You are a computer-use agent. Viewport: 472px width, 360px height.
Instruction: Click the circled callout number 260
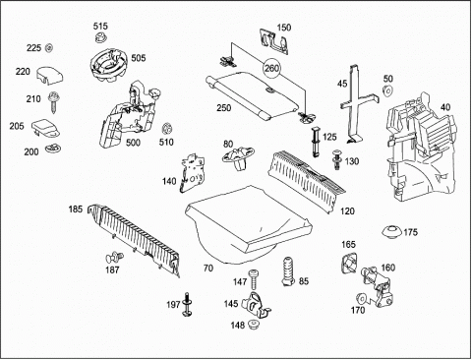272,68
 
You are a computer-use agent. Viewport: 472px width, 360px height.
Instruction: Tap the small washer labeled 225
49,48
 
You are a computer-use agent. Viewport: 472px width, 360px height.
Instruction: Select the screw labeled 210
53,102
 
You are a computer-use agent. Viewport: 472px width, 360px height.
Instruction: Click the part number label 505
139,58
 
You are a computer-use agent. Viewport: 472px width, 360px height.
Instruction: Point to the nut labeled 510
167,128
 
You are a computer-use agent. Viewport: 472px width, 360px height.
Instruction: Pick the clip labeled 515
101,37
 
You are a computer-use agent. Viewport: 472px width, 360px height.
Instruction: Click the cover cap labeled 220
49,75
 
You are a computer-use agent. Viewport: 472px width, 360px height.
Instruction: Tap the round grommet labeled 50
387,90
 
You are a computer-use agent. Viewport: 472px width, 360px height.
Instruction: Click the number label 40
445,107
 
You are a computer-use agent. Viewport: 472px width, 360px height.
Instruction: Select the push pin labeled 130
337,159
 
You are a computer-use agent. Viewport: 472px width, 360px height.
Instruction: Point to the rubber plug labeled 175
391,232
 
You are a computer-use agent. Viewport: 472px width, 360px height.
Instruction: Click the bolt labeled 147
254,279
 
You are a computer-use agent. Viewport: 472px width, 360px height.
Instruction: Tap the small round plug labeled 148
253,325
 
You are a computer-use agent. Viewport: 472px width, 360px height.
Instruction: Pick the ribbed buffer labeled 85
288,271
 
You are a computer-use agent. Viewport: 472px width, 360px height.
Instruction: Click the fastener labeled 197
187,305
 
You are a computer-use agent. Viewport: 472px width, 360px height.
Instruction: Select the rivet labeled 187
114,258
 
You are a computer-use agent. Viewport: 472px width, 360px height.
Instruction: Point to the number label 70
208,269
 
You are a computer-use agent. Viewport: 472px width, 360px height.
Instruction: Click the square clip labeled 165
349,263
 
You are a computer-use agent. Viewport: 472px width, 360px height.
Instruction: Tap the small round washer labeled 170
361,298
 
